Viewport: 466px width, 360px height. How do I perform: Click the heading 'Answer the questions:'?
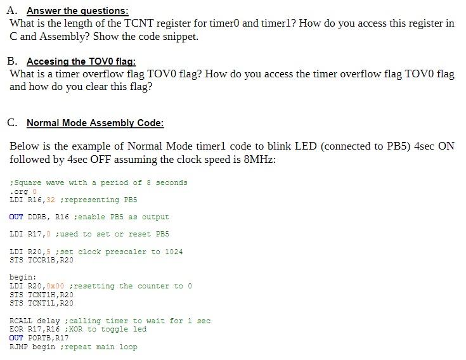(77, 11)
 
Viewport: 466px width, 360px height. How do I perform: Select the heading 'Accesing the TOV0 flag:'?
(81, 61)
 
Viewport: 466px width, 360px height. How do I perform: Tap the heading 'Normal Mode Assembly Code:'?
(95, 123)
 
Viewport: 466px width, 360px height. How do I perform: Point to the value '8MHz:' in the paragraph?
(260, 159)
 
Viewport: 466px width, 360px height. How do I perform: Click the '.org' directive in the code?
(19, 191)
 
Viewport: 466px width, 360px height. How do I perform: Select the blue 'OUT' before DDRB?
(16, 217)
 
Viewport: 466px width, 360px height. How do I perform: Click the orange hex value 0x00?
(56, 286)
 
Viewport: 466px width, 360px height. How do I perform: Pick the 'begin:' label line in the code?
(23, 278)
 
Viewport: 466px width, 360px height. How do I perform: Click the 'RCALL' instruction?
(21, 321)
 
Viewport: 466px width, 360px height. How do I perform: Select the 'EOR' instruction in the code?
(16, 329)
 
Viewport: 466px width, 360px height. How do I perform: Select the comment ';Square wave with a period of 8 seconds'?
(99, 183)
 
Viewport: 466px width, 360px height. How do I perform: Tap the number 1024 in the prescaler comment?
(174, 252)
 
